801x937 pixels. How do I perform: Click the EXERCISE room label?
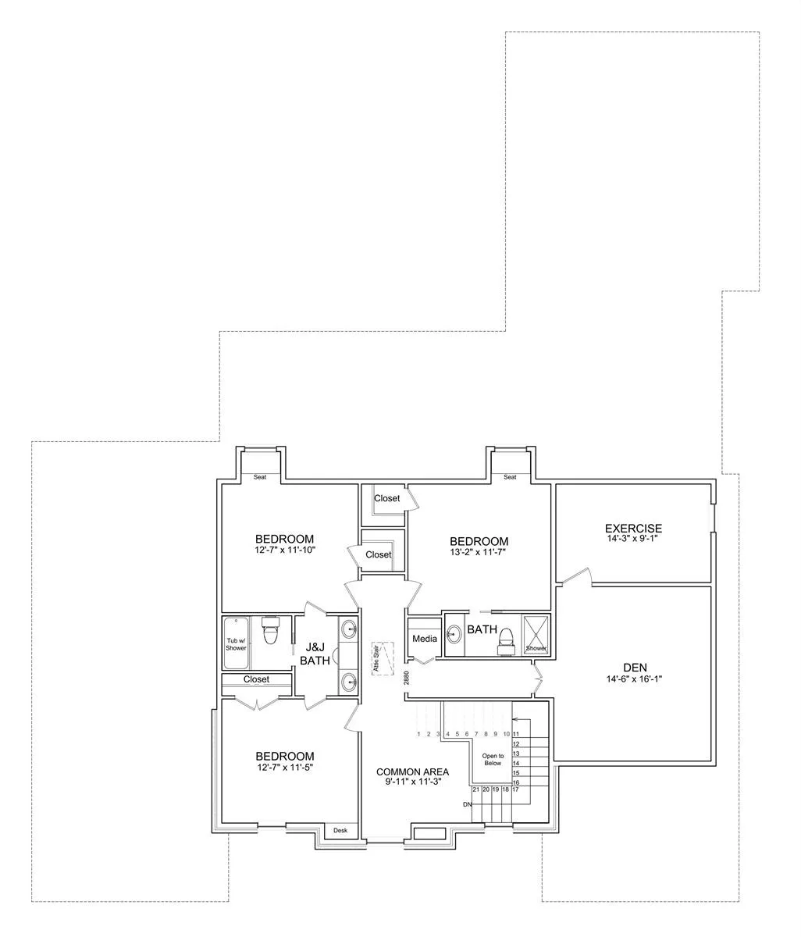tap(633, 528)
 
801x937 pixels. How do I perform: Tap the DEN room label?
tap(635, 668)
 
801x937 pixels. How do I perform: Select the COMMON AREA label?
tap(412, 771)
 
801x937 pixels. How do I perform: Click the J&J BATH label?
tap(315, 654)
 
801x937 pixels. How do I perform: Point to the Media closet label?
tap(424, 639)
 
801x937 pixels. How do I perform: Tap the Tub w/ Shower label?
tap(236, 644)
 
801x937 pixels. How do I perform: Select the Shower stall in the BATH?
tap(536, 634)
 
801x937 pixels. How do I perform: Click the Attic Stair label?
tap(376, 659)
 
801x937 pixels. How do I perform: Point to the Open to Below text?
tap(493, 759)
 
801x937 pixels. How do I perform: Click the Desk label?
tap(340, 831)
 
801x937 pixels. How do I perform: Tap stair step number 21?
tap(476, 789)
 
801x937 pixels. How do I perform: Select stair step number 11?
tap(516, 734)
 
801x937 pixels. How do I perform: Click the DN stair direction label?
tap(467, 804)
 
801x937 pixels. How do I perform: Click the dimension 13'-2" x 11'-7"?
tap(478, 552)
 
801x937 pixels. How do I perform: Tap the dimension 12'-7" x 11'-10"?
tap(285, 550)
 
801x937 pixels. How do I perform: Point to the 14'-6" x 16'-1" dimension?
tap(634, 679)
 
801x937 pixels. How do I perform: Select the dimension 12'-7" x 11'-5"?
tap(284, 767)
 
